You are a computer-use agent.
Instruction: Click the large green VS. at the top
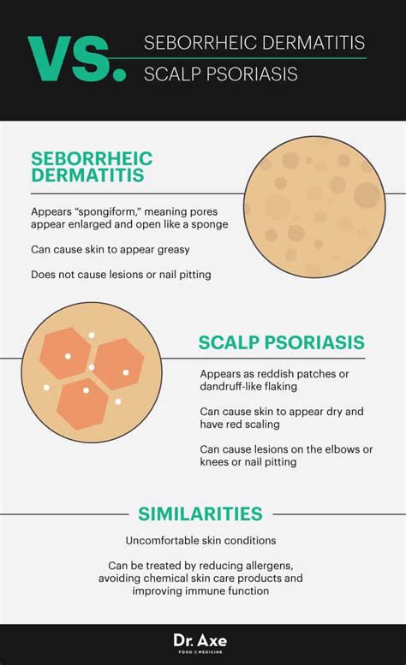[x=77, y=58]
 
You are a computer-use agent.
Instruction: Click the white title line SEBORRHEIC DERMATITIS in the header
[x=254, y=43]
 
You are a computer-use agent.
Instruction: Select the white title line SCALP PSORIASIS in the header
[x=221, y=74]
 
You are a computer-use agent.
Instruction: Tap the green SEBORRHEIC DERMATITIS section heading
[x=92, y=167]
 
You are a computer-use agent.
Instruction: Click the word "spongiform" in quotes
[x=107, y=211]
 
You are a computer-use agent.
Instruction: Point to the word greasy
[x=174, y=250]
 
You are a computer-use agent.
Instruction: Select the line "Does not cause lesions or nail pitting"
[x=121, y=275]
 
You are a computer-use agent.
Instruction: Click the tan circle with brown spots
[x=315, y=207]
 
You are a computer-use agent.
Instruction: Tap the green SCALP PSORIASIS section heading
[x=282, y=342]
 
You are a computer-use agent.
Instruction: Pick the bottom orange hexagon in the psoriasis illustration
[x=82, y=404]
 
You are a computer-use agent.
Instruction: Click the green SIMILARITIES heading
[x=200, y=514]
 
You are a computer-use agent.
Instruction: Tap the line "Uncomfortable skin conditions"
[x=200, y=541]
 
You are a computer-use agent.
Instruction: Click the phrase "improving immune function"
[x=200, y=591]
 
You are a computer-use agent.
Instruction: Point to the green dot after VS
[x=120, y=74]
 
